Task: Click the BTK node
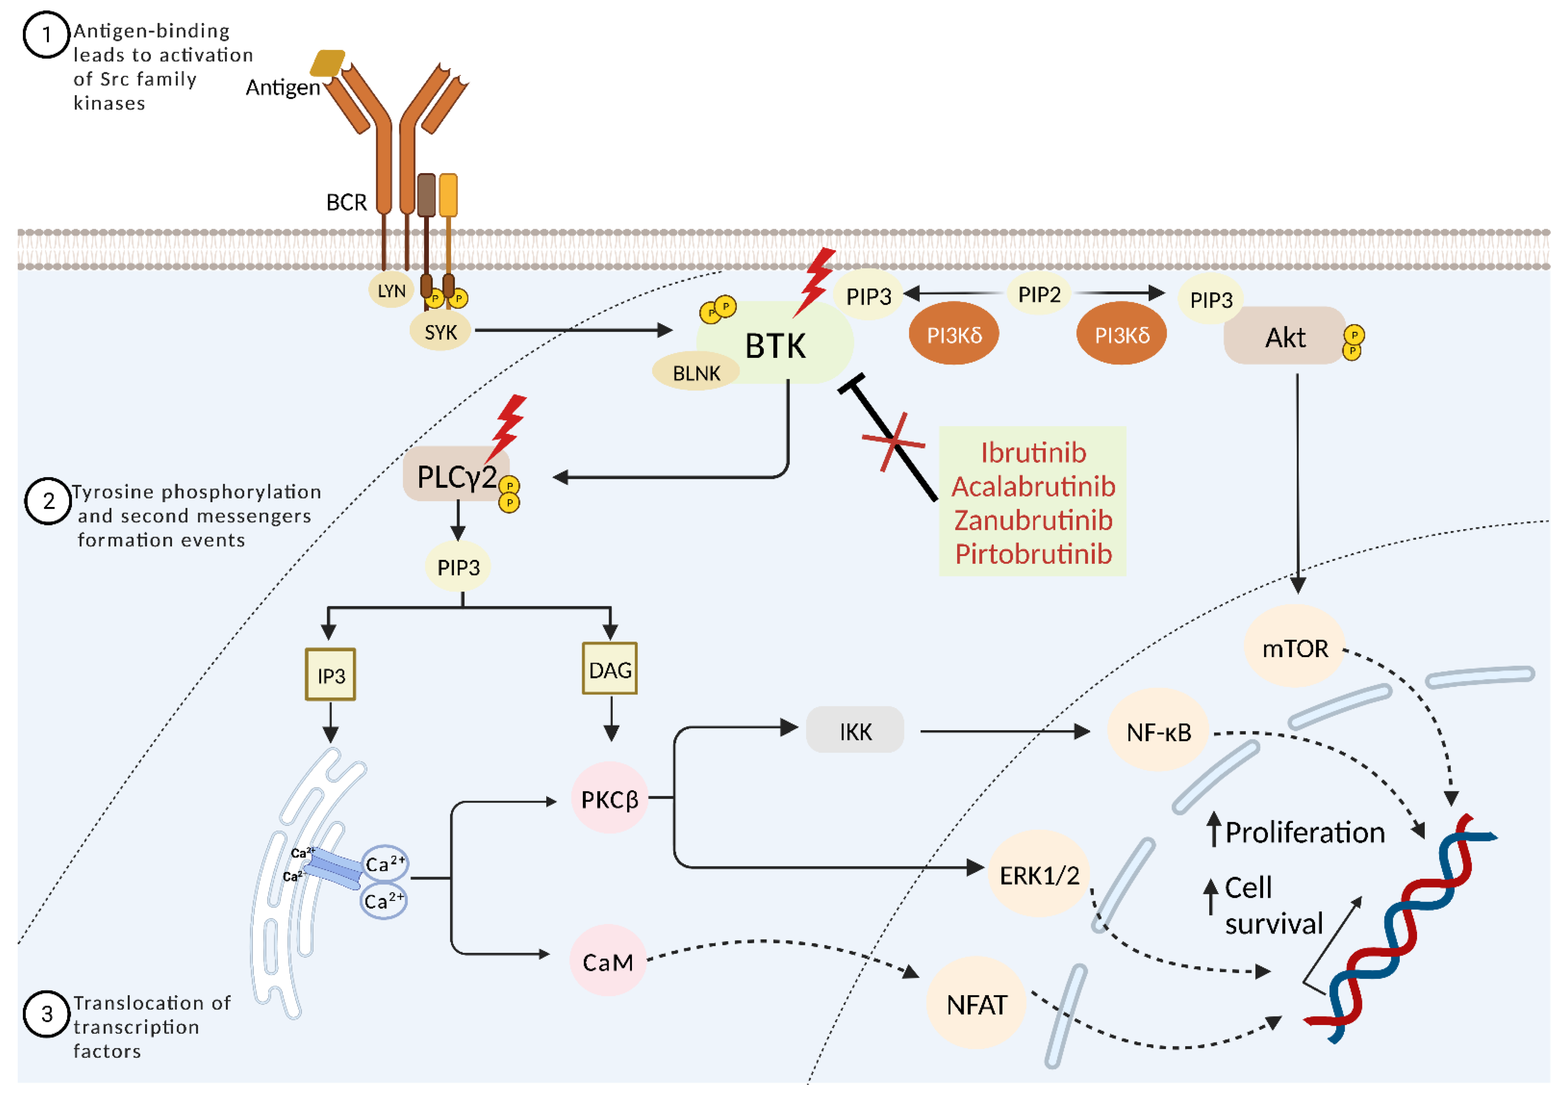coord(775,345)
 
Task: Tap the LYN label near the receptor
coord(392,291)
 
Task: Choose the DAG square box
coord(610,669)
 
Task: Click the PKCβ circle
coord(609,799)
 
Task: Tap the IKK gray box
coord(855,731)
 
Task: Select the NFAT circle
coord(976,1004)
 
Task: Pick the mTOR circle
coord(1294,648)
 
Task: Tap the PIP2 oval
coord(1039,294)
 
